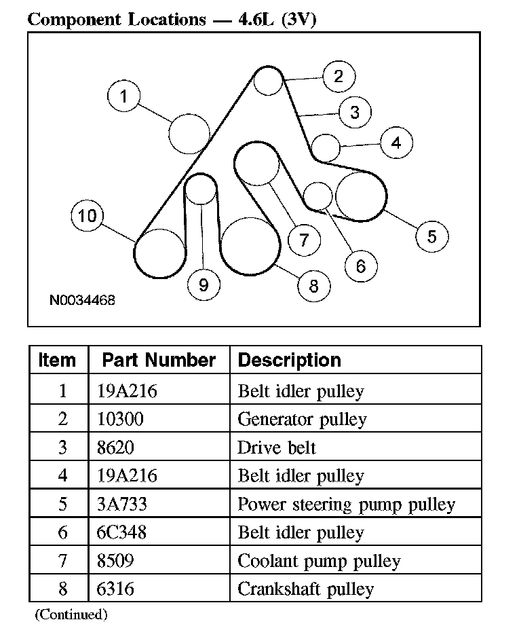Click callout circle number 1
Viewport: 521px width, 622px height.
pyautogui.click(x=123, y=96)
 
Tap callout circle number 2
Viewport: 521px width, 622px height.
pyautogui.click(x=339, y=75)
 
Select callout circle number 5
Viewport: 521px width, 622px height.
pyautogui.click(x=431, y=236)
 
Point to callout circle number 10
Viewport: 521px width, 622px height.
pyautogui.click(x=87, y=217)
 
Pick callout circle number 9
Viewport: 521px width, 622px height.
pyautogui.click(x=204, y=285)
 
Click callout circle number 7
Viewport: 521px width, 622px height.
pyautogui.click(x=303, y=239)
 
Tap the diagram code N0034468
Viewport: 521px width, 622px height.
pyautogui.click(x=81, y=299)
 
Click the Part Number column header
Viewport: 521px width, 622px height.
pyautogui.click(x=159, y=360)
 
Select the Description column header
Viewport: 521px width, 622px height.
pyautogui.click(x=290, y=360)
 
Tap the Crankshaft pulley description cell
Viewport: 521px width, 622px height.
pyautogui.click(x=305, y=589)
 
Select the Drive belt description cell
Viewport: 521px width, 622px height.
pyautogui.click(x=277, y=448)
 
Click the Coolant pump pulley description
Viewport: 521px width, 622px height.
pyautogui.click(x=319, y=561)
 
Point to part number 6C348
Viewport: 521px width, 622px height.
pyautogui.click(x=123, y=532)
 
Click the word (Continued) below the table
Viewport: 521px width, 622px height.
pyautogui.click(x=71, y=615)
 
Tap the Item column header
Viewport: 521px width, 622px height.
pyautogui.click(x=58, y=360)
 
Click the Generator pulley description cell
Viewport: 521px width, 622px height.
pyautogui.click(x=302, y=420)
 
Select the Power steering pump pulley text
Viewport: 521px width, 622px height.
pyautogui.click(x=346, y=505)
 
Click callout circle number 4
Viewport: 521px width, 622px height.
pyautogui.click(x=395, y=143)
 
